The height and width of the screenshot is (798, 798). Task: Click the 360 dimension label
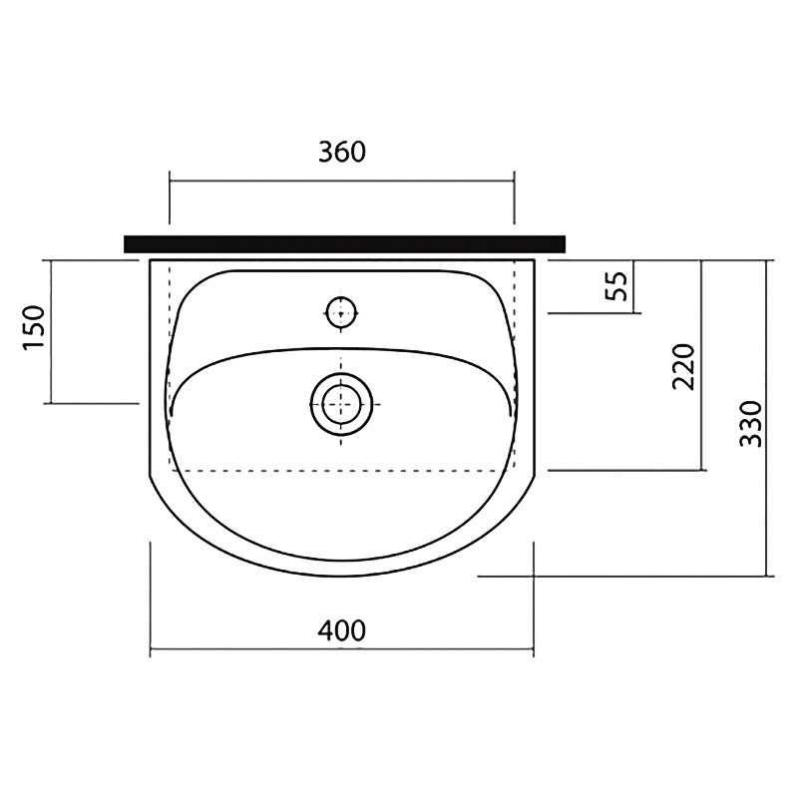pyautogui.click(x=342, y=153)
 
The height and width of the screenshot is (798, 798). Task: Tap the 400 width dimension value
pyautogui.click(x=342, y=631)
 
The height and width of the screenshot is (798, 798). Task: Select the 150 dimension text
pyautogui.click(x=35, y=328)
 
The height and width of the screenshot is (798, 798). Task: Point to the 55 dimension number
pyautogui.click(x=617, y=286)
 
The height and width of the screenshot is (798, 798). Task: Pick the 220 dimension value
pyautogui.click(x=683, y=367)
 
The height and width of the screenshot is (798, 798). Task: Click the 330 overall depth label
pyautogui.click(x=751, y=424)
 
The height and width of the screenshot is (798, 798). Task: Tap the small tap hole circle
pyautogui.click(x=340, y=312)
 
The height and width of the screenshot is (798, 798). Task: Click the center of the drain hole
pyautogui.click(x=341, y=404)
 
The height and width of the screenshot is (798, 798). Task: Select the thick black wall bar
pyautogui.click(x=344, y=243)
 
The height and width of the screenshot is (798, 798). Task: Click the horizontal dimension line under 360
pyautogui.click(x=341, y=181)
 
